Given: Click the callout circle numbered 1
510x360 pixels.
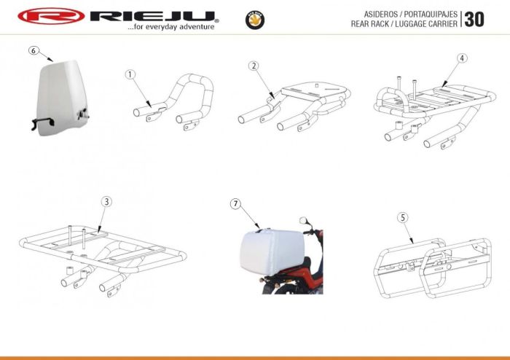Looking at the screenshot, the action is coord(130,74).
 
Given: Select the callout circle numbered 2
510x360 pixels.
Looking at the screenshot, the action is coord(254,66).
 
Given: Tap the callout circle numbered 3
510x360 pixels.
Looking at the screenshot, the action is coord(106,202).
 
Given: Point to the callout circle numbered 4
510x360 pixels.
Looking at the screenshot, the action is coord(462,58).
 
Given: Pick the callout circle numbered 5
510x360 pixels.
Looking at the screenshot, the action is coord(403,218).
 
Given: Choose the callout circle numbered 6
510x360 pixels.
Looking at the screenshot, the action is coord(34,50).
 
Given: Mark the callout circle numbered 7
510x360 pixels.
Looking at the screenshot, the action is coord(235,204).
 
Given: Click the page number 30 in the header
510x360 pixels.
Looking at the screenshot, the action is coord(474,20).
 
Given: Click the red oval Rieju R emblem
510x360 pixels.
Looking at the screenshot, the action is coord(51,16).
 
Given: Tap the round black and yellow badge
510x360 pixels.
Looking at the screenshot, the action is coord(255,20).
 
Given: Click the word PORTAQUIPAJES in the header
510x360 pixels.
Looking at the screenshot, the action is coord(431,15).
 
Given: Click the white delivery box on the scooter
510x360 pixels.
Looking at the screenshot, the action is coord(272,251).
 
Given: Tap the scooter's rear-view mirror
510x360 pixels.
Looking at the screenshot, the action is coord(304,221).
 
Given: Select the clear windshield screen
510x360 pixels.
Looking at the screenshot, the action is coord(61,98).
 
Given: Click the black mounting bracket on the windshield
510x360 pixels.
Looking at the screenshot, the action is coord(42,123).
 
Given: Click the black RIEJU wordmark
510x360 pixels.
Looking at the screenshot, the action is coord(153,16).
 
